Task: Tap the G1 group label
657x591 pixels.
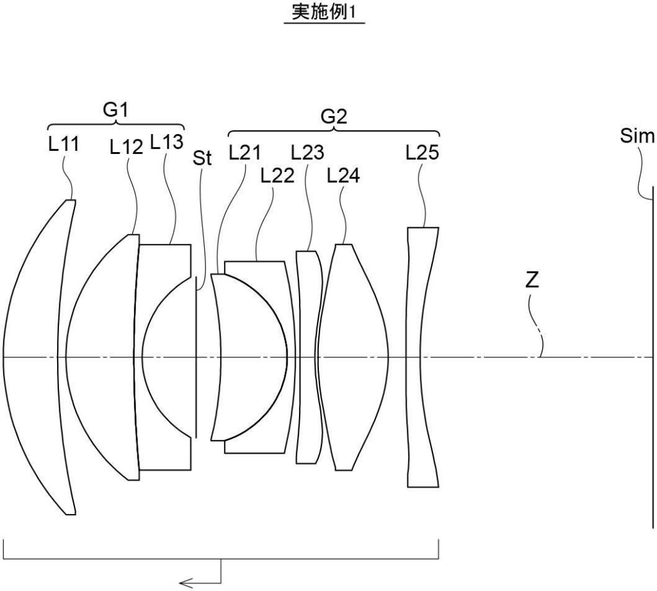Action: (x=116, y=110)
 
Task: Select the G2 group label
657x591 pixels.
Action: (x=334, y=117)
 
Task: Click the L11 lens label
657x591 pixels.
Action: (x=64, y=145)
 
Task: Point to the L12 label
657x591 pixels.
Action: (x=126, y=148)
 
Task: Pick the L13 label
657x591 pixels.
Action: (x=167, y=142)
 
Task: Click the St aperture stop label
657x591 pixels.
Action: (x=202, y=158)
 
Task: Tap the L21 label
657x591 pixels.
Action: (x=245, y=153)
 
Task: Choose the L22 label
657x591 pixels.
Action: (x=277, y=175)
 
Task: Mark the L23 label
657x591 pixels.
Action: (x=307, y=153)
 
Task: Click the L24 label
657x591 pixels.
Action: (x=343, y=175)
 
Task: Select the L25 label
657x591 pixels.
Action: (x=422, y=153)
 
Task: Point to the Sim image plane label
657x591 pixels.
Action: (x=638, y=136)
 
